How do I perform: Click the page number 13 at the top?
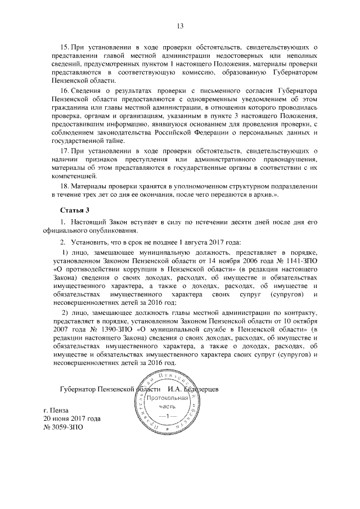coord(180,26)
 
